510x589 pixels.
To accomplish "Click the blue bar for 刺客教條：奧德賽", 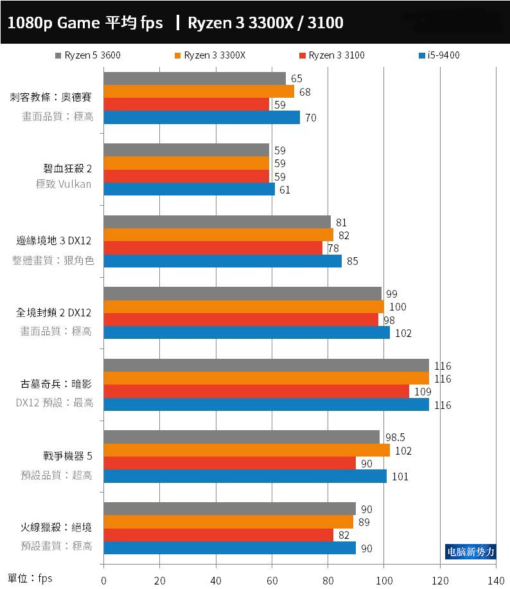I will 202,118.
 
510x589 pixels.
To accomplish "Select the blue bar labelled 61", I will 189,190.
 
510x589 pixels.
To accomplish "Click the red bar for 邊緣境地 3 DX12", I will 213,248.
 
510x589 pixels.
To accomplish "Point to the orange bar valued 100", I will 243,307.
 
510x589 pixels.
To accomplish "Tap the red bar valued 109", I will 256,392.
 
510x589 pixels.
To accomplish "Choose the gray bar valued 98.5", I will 242,437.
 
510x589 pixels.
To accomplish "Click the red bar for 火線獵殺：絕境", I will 218,535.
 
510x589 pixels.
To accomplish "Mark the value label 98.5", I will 394,437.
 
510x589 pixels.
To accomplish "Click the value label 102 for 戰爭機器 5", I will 403,451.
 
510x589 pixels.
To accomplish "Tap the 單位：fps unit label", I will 30,578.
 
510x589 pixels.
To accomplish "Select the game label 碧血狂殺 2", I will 64,169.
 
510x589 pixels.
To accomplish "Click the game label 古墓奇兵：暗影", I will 56,385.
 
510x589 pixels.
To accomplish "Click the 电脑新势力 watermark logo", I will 471,552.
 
